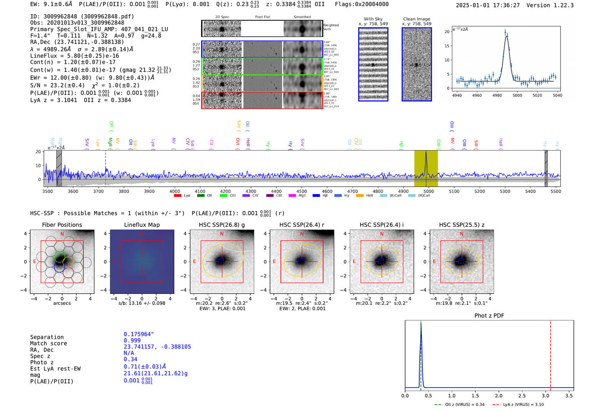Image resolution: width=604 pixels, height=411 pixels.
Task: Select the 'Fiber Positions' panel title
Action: [62, 225]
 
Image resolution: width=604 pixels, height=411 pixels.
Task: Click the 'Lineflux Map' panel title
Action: [142, 225]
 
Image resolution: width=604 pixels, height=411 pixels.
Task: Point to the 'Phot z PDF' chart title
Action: [489, 316]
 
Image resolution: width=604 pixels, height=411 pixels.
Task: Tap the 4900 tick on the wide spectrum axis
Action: [403, 191]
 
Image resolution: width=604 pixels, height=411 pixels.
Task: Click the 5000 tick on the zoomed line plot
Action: [517, 95]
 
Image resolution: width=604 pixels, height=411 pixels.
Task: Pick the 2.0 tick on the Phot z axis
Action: [499, 395]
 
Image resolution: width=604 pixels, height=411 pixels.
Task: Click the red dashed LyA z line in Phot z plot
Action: [551, 354]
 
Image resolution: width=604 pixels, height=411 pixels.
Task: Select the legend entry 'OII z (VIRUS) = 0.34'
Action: [460, 405]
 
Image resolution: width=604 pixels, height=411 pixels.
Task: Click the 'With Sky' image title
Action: [373, 19]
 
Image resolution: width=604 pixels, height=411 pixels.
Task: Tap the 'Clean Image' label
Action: [417, 19]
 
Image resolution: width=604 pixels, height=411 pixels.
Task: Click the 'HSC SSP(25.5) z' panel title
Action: [462, 225]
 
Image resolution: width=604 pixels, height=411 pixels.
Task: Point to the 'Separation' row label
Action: [47, 337]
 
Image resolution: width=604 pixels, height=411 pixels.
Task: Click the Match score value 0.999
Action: [132, 340]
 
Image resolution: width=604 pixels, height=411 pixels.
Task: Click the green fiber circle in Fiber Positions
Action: [60, 257]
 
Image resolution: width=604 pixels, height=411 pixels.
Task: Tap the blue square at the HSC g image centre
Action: [221, 261]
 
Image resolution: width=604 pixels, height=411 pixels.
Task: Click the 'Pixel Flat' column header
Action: [262, 17]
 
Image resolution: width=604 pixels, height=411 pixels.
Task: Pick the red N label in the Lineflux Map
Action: [142, 234]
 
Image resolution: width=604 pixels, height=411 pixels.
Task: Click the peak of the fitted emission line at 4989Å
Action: [506, 36]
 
